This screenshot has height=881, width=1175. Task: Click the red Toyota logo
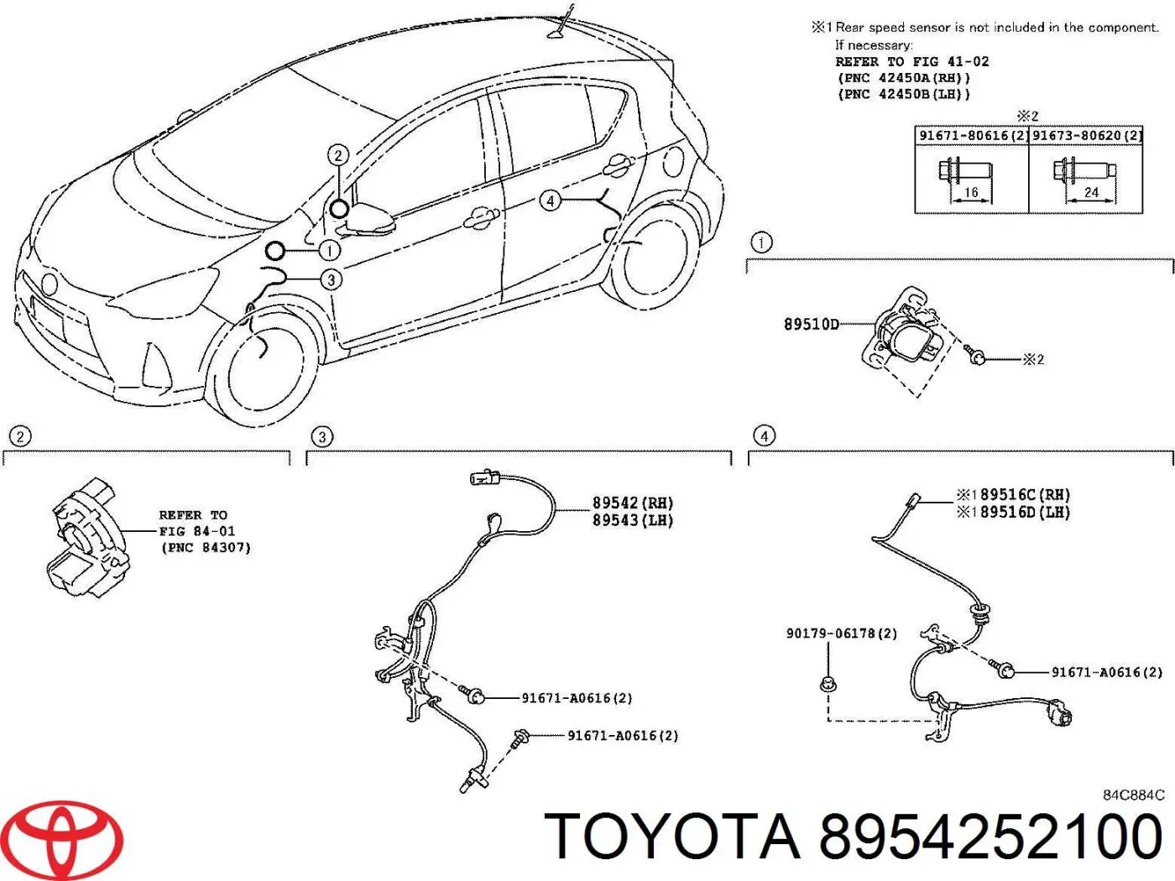[x=70, y=840]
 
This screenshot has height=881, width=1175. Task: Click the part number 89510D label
[x=811, y=324]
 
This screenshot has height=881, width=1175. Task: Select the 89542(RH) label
[x=633, y=503]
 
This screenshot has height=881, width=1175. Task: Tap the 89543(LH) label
[x=633, y=520]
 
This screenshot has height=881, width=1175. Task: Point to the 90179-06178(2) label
[x=841, y=633]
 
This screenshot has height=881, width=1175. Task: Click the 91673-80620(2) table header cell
[x=1087, y=135]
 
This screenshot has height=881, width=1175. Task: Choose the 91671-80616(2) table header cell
[x=972, y=135]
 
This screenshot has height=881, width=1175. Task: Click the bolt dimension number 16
[x=971, y=192]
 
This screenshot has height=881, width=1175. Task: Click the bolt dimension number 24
[x=1091, y=192]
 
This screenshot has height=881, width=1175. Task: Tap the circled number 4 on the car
[x=550, y=201]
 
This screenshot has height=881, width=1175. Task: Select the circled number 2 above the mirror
[x=338, y=155]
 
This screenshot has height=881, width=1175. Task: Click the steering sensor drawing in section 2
[x=88, y=537]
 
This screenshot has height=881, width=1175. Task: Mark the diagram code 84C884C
[x=1133, y=795]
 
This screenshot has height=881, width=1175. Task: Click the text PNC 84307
[x=206, y=548]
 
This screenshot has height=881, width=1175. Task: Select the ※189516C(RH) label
[x=1014, y=495]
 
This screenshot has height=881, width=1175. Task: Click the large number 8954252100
[x=990, y=837]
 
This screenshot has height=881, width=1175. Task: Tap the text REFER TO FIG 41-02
[x=911, y=61]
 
